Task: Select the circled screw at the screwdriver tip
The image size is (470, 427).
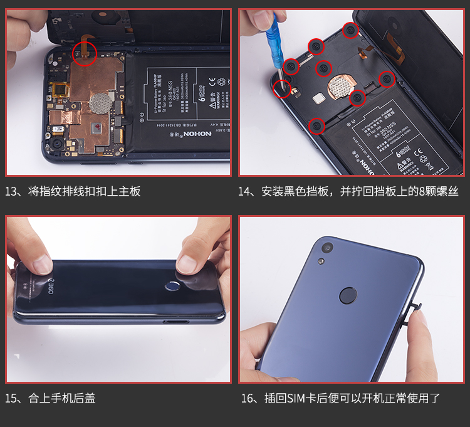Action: (x=282, y=88)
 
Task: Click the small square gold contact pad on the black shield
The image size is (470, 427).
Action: (x=318, y=98)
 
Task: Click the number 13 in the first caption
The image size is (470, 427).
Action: (x=13, y=191)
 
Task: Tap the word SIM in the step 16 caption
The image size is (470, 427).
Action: (x=299, y=398)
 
